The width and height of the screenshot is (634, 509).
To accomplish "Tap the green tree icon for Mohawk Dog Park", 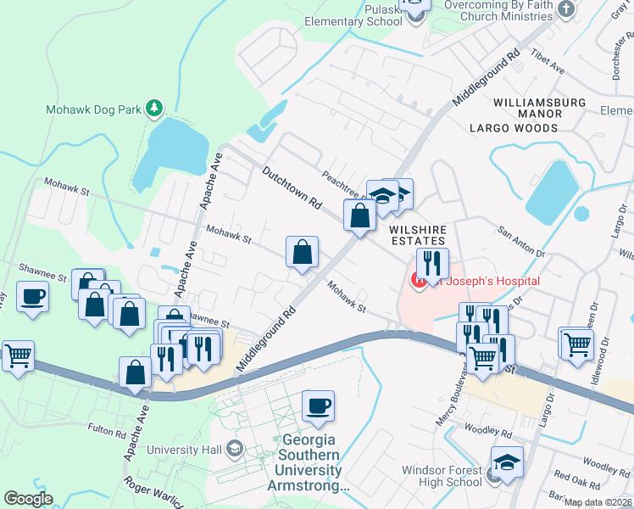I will tap(153, 108).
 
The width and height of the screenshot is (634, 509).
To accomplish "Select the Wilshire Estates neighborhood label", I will tap(416, 235).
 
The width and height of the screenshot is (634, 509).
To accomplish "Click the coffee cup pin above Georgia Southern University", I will tap(318, 406).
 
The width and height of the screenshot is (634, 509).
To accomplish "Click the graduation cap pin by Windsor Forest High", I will tap(508, 462).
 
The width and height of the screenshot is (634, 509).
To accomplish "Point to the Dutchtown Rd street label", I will tap(292, 187).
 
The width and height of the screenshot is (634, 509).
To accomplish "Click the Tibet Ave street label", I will tap(548, 66).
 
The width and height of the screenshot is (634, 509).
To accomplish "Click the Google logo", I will tap(28, 499).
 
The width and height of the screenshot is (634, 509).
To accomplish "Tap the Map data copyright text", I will tap(597, 502).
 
